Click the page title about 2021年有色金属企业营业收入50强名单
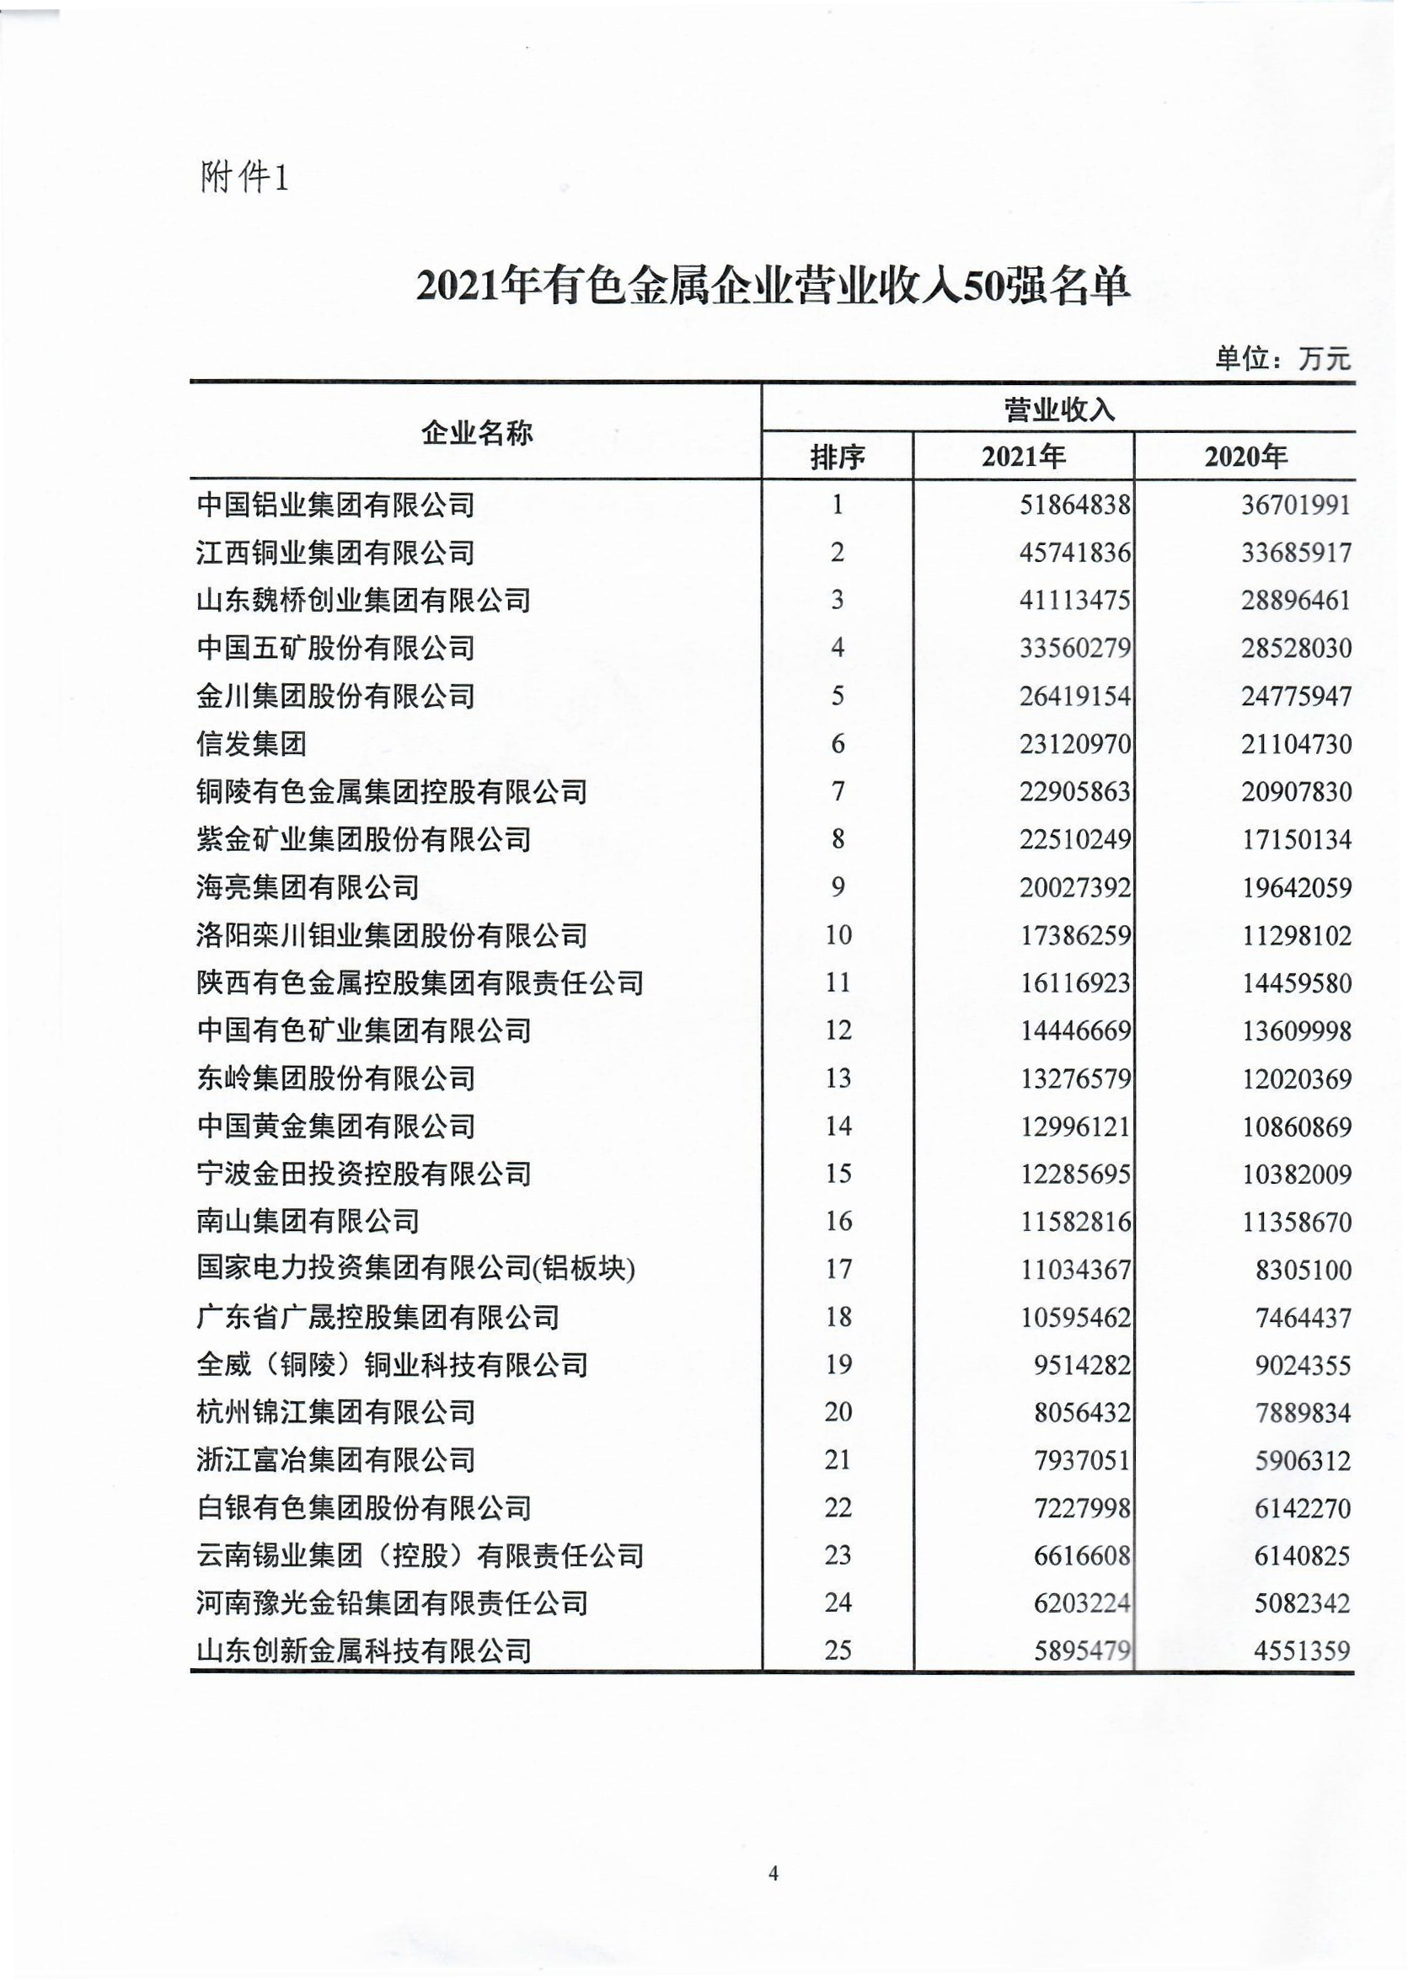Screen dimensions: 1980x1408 (x=772, y=287)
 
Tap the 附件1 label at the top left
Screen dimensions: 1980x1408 (x=244, y=179)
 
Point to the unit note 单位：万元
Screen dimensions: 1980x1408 (x=1282, y=358)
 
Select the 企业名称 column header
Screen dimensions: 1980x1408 (x=476, y=431)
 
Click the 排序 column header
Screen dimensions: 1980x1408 (x=837, y=456)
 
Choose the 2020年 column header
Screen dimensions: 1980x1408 (x=1245, y=456)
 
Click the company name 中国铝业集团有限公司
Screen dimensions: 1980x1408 (x=335, y=505)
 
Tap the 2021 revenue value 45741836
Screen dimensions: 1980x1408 (x=1075, y=552)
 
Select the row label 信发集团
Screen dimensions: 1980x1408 (x=251, y=744)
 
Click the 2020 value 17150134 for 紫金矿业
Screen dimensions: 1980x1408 (x=1296, y=839)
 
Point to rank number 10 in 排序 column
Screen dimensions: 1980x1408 (x=838, y=934)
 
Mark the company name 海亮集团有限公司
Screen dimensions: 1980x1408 (x=308, y=887)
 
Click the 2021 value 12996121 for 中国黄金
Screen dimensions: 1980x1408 (x=1075, y=1126)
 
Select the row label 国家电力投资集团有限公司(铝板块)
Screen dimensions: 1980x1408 (x=416, y=1269)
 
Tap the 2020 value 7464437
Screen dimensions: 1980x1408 (x=1303, y=1318)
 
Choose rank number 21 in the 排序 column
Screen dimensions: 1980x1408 (x=838, y=1460)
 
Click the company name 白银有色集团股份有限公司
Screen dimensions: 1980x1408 (x=363, y=1508)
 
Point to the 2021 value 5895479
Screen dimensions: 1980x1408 (x=1082, y=1651)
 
